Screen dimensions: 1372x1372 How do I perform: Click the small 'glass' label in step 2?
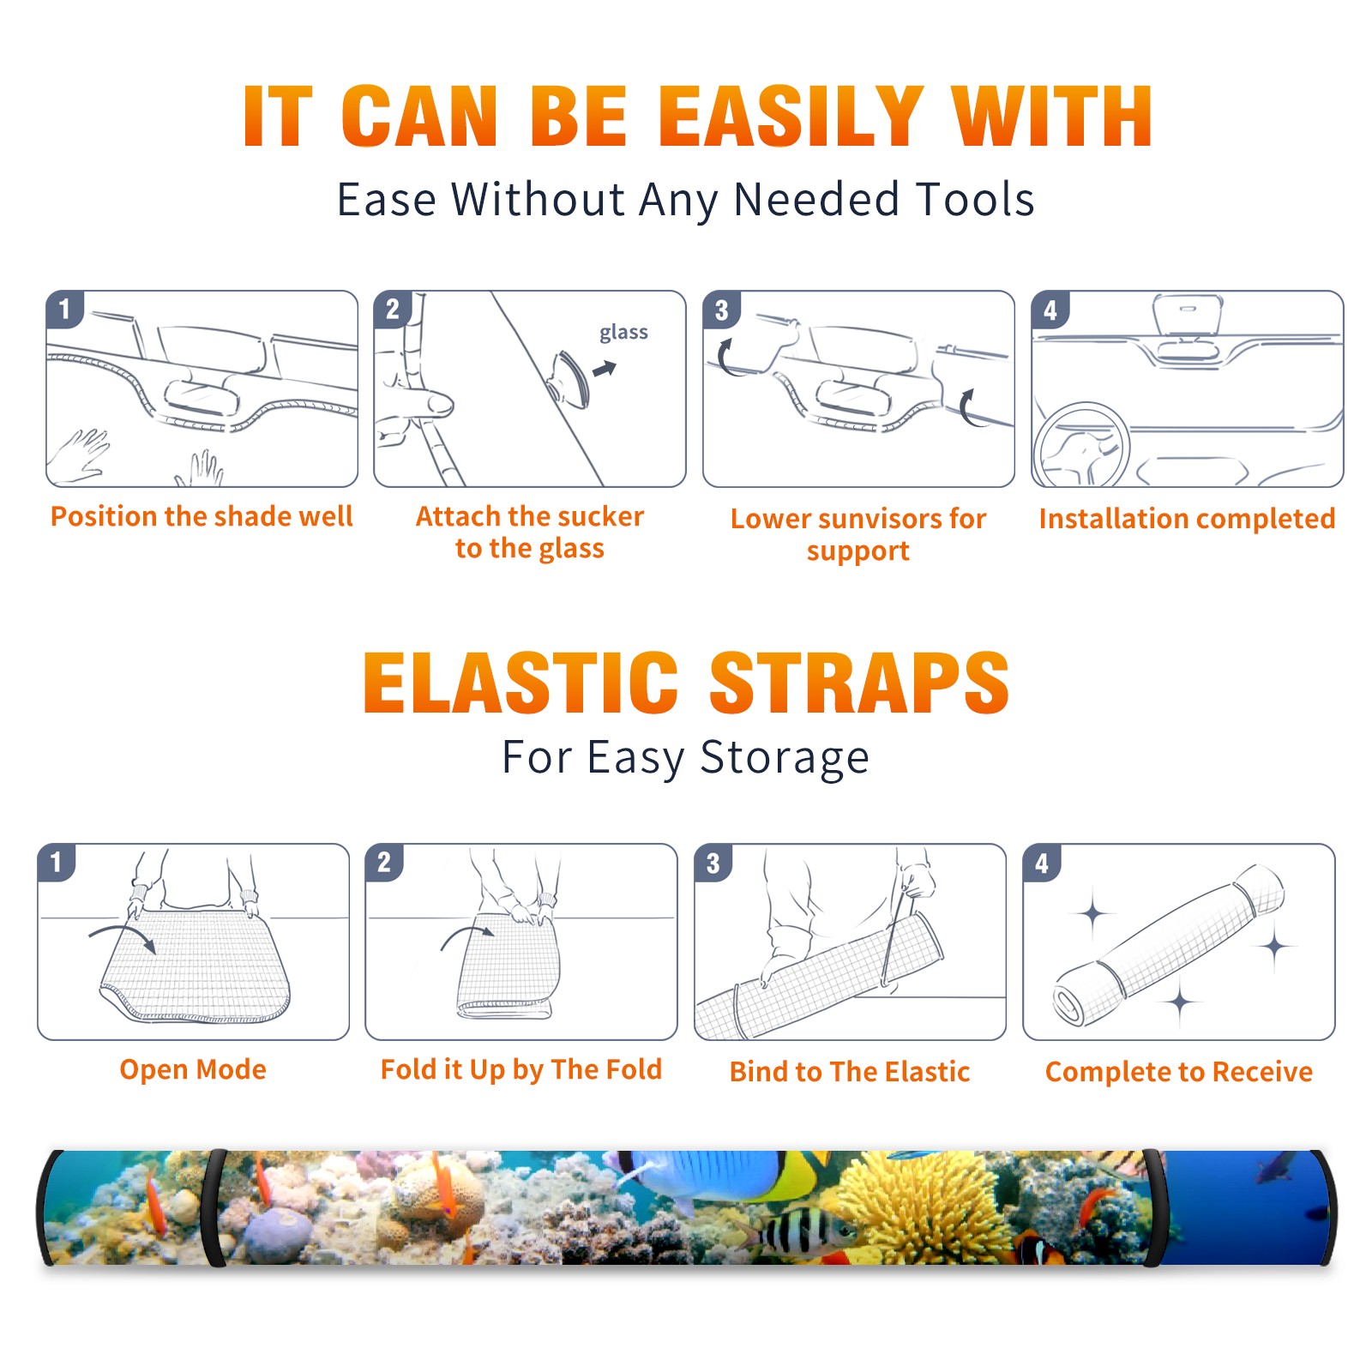[623, 333]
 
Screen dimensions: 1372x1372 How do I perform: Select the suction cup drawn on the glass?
[570, 378]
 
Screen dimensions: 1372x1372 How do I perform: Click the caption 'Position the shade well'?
[202, 516]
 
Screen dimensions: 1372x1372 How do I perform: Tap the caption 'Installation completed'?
[1187, 519]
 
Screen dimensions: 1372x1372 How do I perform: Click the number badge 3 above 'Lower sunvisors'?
[722, 310]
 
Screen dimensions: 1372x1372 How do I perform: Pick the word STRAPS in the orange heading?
[859, 683]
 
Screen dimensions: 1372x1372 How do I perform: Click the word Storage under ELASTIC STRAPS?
[785, 758]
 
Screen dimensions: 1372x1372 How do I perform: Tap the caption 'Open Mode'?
[193, 1069]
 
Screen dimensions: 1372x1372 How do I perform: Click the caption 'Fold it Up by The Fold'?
[521, 1070]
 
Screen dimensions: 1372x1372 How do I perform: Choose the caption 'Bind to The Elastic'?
[850, 1072]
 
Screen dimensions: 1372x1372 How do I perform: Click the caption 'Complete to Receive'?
[1179, 1072]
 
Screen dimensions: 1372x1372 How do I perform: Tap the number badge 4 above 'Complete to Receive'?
[1042, 863]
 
